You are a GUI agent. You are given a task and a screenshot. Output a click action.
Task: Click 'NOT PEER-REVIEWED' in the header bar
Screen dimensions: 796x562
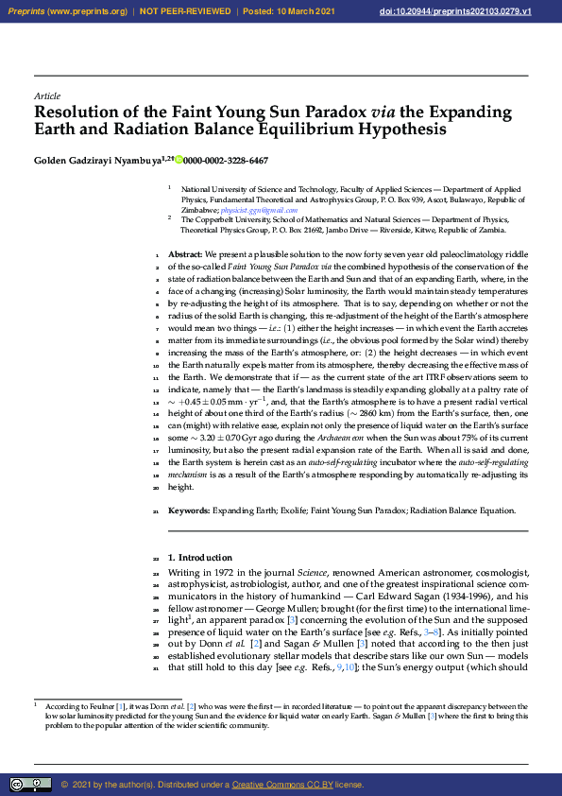pyautogui.click(x=185, y=10)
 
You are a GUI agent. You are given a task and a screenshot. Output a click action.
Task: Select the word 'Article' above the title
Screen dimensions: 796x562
pyautogui.click(x=47, y=96)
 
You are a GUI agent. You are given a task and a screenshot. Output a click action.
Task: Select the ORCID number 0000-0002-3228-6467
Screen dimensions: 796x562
pyautogui.click(x=226, y=161)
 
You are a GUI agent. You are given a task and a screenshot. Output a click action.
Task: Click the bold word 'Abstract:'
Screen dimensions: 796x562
pyautogui.click(x=185, y=255)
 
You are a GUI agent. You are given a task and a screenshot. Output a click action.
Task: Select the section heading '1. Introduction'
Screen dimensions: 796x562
pyautogui.click(x=200, y=558)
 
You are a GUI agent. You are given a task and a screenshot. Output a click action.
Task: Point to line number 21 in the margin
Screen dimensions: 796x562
pyautogui.click(x=156, y=510)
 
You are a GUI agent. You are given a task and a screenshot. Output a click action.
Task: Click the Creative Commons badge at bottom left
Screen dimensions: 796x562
pyautogui.click(x=30, y=784)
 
